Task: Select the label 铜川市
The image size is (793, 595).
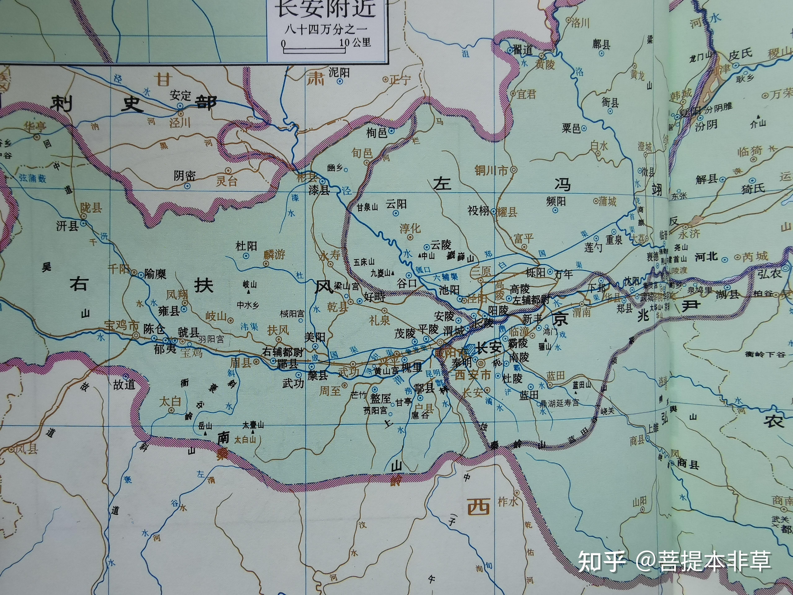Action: coord(491,171)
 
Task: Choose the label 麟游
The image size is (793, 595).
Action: coord(274,255)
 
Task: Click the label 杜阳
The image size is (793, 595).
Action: coord(246,246)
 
